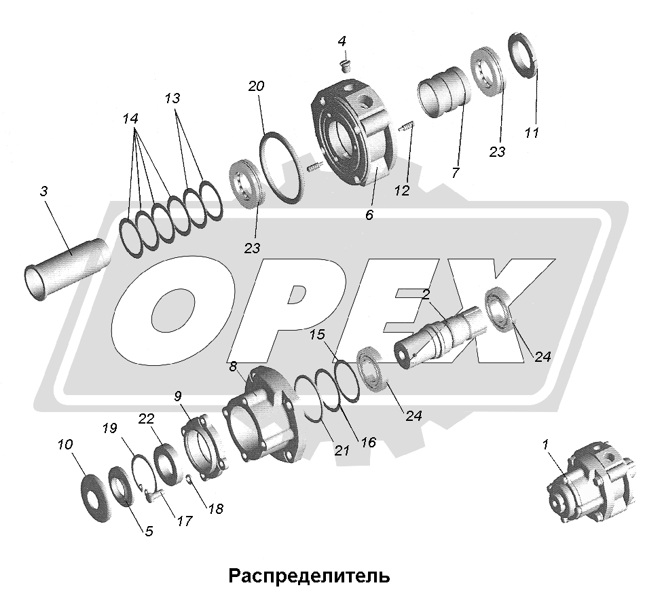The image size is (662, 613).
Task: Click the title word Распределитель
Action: pos(309,576)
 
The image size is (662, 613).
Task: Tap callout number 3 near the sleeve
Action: pos(43,191)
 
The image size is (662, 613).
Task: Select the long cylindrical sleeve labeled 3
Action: pos(67,269)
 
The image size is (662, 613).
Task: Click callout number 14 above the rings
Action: pos(130,119)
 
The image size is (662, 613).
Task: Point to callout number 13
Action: pos(172,98)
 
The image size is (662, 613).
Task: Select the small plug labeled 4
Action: pos(346,66)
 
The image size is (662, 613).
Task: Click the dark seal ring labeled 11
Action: pos(523,54)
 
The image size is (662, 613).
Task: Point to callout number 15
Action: pos(318,335)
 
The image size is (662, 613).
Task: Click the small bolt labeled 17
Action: pos(151,494)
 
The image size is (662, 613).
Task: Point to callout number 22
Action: pos(146,420)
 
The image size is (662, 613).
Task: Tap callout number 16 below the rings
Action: pos(368,443)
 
